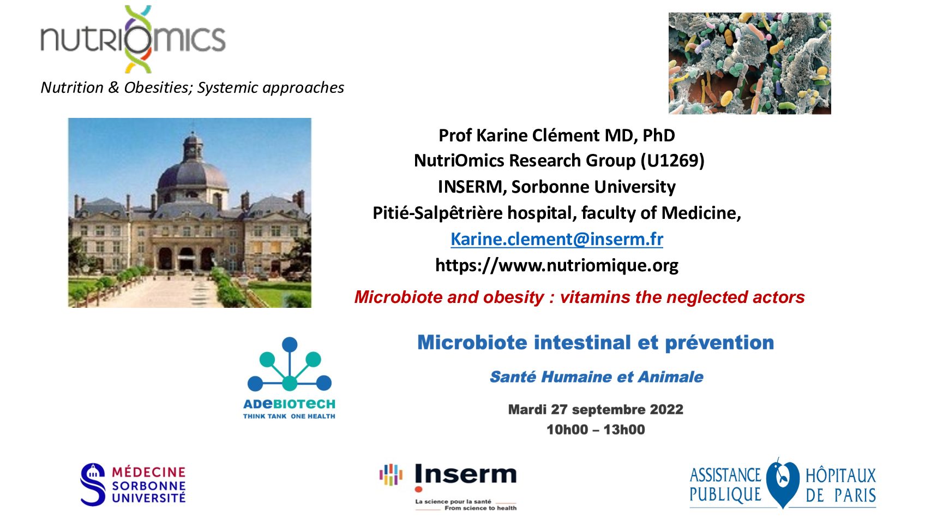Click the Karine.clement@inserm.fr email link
tap(556, 239)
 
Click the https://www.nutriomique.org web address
tap(556, 265)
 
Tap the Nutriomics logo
tap(133, 39)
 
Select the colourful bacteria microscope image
tap(749, 63)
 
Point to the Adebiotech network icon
tap(289, 364)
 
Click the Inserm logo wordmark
tap(466, 474)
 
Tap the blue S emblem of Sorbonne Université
tap(93, 485)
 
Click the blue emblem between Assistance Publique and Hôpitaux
tap(783, 483)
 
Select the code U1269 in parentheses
tap(673, 160)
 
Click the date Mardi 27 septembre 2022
tap(596, 409)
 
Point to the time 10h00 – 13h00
tap(596, 430)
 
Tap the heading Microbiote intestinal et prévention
tap(596, 343)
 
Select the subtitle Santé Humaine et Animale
tap(597, 377)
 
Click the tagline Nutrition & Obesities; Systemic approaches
tap(193, 88)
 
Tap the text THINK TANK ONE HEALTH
tap(289, 416)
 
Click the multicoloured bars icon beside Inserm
tap(391, 475)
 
